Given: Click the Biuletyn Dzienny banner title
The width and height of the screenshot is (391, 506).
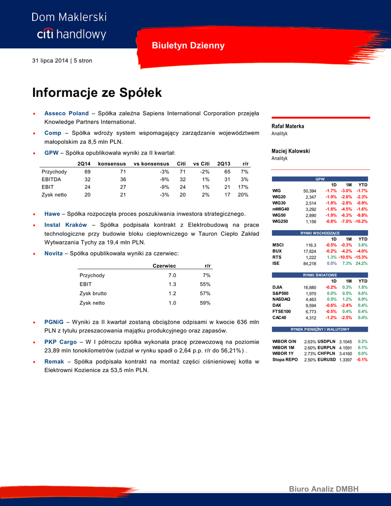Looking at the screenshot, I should pyautogui.click(x=188, y=46).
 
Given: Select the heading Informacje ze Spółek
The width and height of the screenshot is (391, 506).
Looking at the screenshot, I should pyautogui.click(x=97, y=92).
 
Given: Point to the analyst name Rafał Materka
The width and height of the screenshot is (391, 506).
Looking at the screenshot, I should pyautogui.click(x=288, y=126).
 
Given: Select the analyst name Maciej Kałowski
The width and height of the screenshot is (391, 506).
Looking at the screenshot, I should pyautogui.click(x=291, y=151).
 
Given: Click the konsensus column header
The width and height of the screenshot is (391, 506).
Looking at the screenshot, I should pyautogui.click(x=111, y=163).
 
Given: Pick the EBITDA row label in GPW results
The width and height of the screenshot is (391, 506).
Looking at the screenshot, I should pyautogui.click(x=51, y=179).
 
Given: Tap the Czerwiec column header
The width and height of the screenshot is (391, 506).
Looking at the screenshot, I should pyautogui.click(x=165, y=266).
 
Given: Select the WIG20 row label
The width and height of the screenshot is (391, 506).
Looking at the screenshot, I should pyautogui.click(x=279, y=197).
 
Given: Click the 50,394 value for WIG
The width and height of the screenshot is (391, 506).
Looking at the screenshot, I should pyautogui.click(x=309, y=191).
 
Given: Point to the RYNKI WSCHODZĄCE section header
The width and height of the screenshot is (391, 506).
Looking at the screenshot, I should pyautogui.click(x=320, y=233).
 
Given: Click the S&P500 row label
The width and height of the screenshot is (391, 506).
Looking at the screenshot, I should pyautogui.click(x=280, y=293).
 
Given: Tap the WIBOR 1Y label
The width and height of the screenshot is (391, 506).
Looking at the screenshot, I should pyautogui.click(x=284, y=353).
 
